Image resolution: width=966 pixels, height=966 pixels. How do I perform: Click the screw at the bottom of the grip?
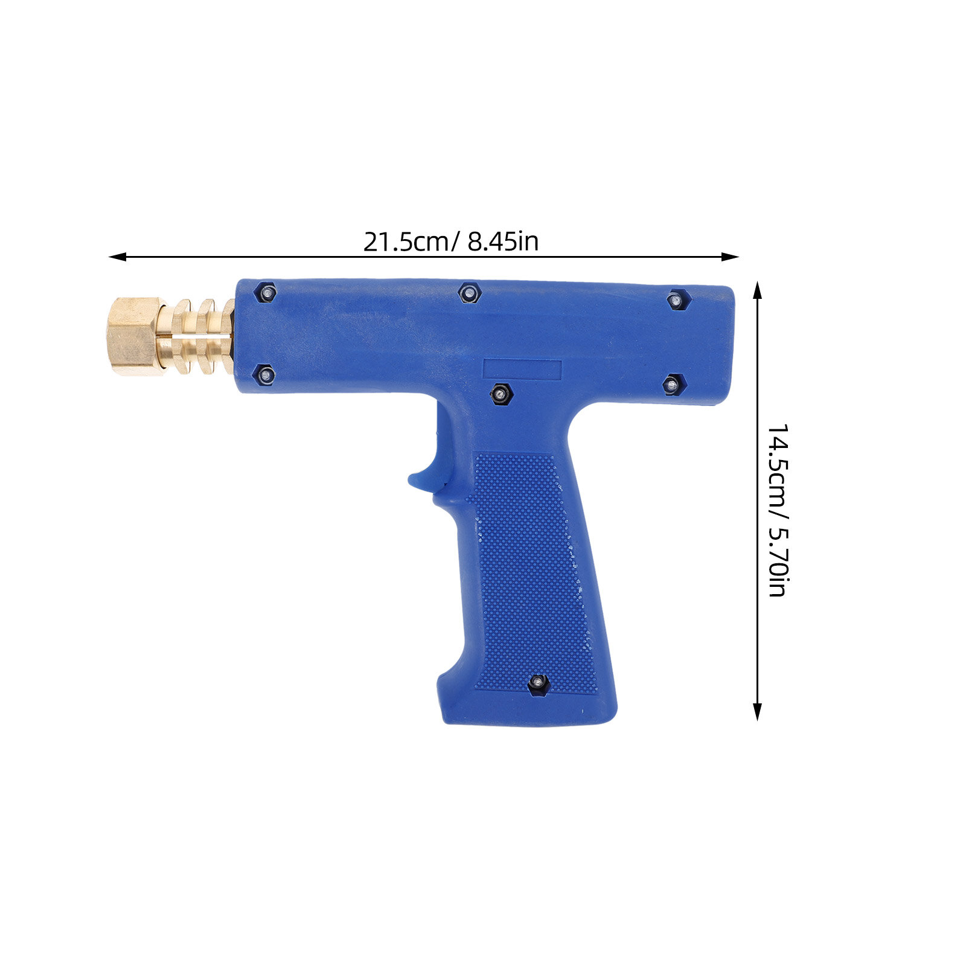(x=537, y=684)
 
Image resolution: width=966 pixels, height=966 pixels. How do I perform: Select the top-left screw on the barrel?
(x=266, y=293)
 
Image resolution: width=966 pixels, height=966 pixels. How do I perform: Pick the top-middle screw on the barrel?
(x=469, y=293)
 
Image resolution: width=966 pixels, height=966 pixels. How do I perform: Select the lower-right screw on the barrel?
(x=672, y=384)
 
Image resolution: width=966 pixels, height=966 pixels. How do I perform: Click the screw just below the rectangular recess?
(x=501, y=394)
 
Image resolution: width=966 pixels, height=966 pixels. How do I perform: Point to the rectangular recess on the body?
(x=522, y=371)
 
